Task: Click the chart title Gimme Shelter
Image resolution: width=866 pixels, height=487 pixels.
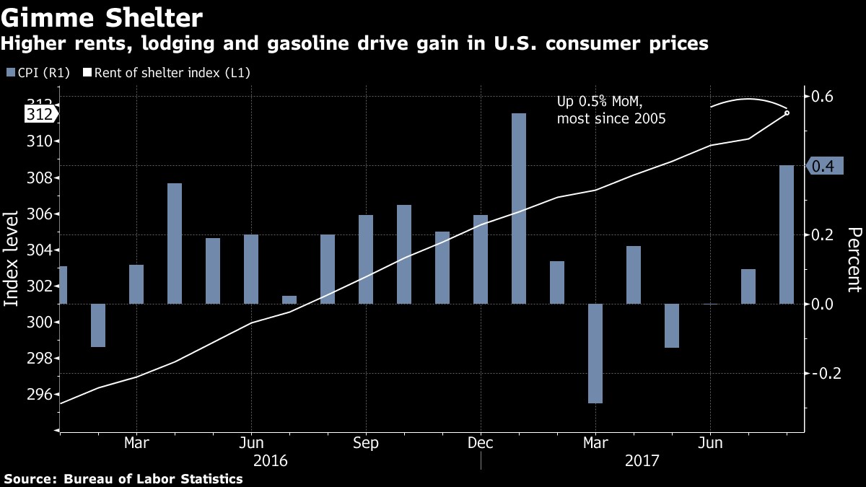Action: (102, 16)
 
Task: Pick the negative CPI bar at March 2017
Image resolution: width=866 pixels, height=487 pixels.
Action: (595, 353)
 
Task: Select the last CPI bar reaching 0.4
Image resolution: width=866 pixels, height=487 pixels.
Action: (787, 234)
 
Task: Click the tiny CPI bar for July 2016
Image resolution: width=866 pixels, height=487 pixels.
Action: (289, 299)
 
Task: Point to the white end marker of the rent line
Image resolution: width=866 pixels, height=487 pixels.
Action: (787, 113)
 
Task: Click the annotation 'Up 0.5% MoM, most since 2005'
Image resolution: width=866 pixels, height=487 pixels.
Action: (611, 110)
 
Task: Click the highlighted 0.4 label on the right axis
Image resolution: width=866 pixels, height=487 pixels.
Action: (823, 167)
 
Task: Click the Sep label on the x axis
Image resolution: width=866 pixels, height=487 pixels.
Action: (366, 442)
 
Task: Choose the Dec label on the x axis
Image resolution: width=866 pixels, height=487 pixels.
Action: (481, 442)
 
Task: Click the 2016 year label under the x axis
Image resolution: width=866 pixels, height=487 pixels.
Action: (271, 460)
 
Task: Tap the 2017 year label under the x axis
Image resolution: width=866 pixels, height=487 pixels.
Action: (642, 460)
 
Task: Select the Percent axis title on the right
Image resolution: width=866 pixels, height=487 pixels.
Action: (854, 260)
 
